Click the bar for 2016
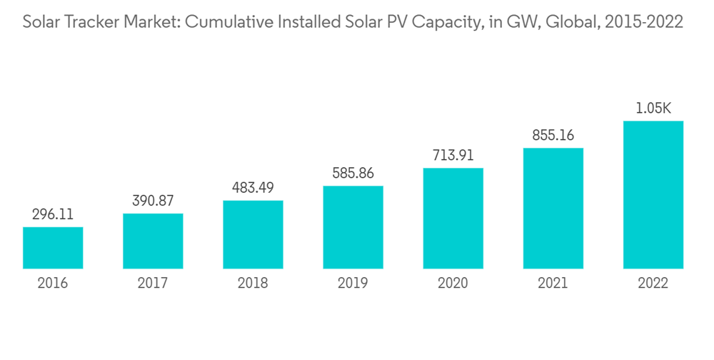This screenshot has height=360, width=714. pyautogui.click(x=53, y=248)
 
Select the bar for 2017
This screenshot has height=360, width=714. pyautogui.click(x=153, y=241)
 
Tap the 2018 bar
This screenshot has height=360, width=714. pyautogui.click(x=253, y=234)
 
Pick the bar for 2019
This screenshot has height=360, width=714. pyautogui.click(x=353, y=227)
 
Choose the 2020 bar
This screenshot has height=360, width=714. pyautogui.click(x=453, y=219)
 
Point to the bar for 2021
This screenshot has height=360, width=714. pyautogui.click(x=553, y=209)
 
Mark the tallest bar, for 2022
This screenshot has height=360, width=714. pyautogui.click(x=653, y=195)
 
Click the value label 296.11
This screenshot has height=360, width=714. pyautogui.click(x=53, y=214)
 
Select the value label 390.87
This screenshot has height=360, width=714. pyautogui.click(x=153, y=201)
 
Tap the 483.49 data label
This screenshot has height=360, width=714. pyautogui.click(x=253, y=187)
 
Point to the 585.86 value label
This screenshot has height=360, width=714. pyautogui.click(x=353, y=173)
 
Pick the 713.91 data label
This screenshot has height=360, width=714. pyautogui.click(x=453, y=155)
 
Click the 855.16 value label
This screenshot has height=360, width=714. pyautogui.click(x=553, y=135)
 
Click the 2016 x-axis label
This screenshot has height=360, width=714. pyautogui.click(x=53, y=284)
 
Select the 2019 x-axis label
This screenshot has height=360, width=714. pyautogui.click(x=353, y=284)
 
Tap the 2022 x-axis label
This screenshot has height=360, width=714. pyautogui.click(x=653, y=284)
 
